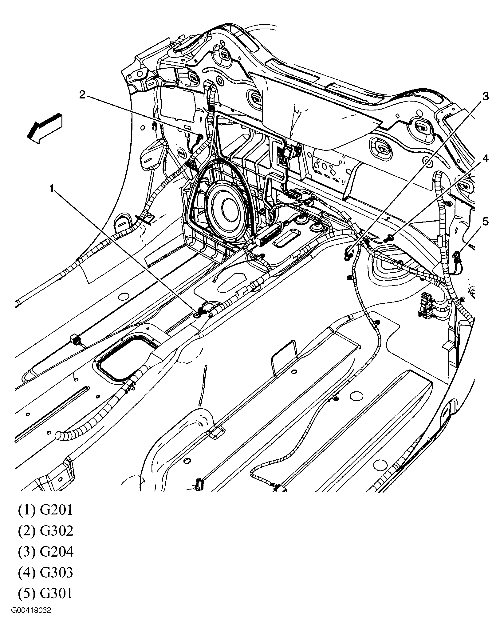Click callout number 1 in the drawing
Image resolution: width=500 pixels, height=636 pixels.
(x=53, y=188)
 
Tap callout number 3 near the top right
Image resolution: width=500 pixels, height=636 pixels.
(x=485, y=97)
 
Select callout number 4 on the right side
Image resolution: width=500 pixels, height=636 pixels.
(x=485, y=159)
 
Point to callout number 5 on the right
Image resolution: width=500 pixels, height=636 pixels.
(x=485, y=221)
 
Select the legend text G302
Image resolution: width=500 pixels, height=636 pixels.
(x=57, y=531)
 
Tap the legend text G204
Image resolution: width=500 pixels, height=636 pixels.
(x=57, y=552)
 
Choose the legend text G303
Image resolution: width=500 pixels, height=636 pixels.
(x=57, y=573)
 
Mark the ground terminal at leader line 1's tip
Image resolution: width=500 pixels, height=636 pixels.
(x=197, y=314)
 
